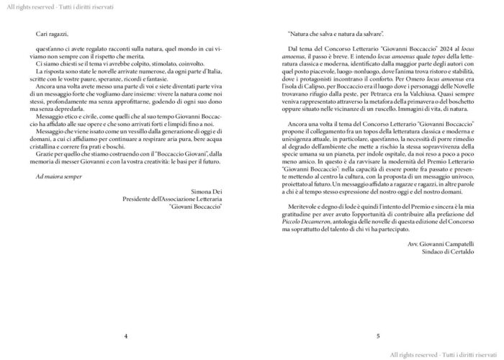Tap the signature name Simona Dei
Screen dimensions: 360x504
pos(207,192)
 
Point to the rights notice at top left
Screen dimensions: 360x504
pos(48,5)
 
